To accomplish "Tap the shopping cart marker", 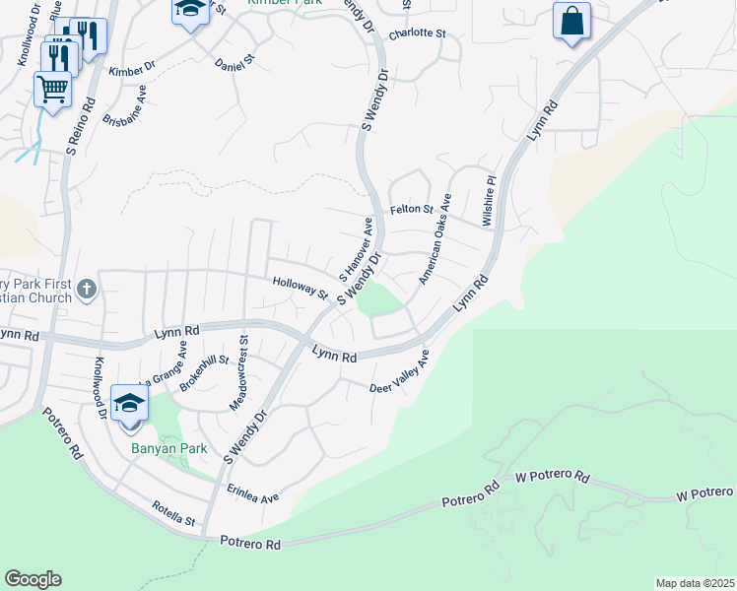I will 53,89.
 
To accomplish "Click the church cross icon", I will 87,291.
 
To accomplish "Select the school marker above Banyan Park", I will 129,405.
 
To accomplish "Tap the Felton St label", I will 412,210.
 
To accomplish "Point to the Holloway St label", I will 300,287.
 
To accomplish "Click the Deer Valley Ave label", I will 400,374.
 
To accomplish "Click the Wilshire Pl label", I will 488,202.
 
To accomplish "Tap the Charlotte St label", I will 417,33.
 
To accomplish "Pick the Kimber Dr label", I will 132,70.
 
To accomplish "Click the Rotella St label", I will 173,512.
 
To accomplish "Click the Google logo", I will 33,579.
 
